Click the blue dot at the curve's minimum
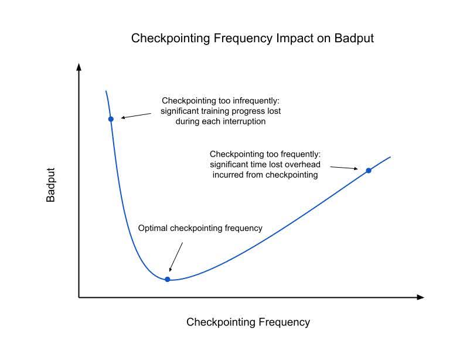168,279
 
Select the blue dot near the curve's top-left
111,119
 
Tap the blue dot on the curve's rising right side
369,171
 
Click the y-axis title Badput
51,185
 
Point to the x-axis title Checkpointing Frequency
248,322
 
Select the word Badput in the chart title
354,39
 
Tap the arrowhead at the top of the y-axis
79,66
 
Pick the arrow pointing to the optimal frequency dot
176,256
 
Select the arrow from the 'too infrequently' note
137,115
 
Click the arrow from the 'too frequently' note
344,168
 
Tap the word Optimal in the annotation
152,228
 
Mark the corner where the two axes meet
79,297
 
